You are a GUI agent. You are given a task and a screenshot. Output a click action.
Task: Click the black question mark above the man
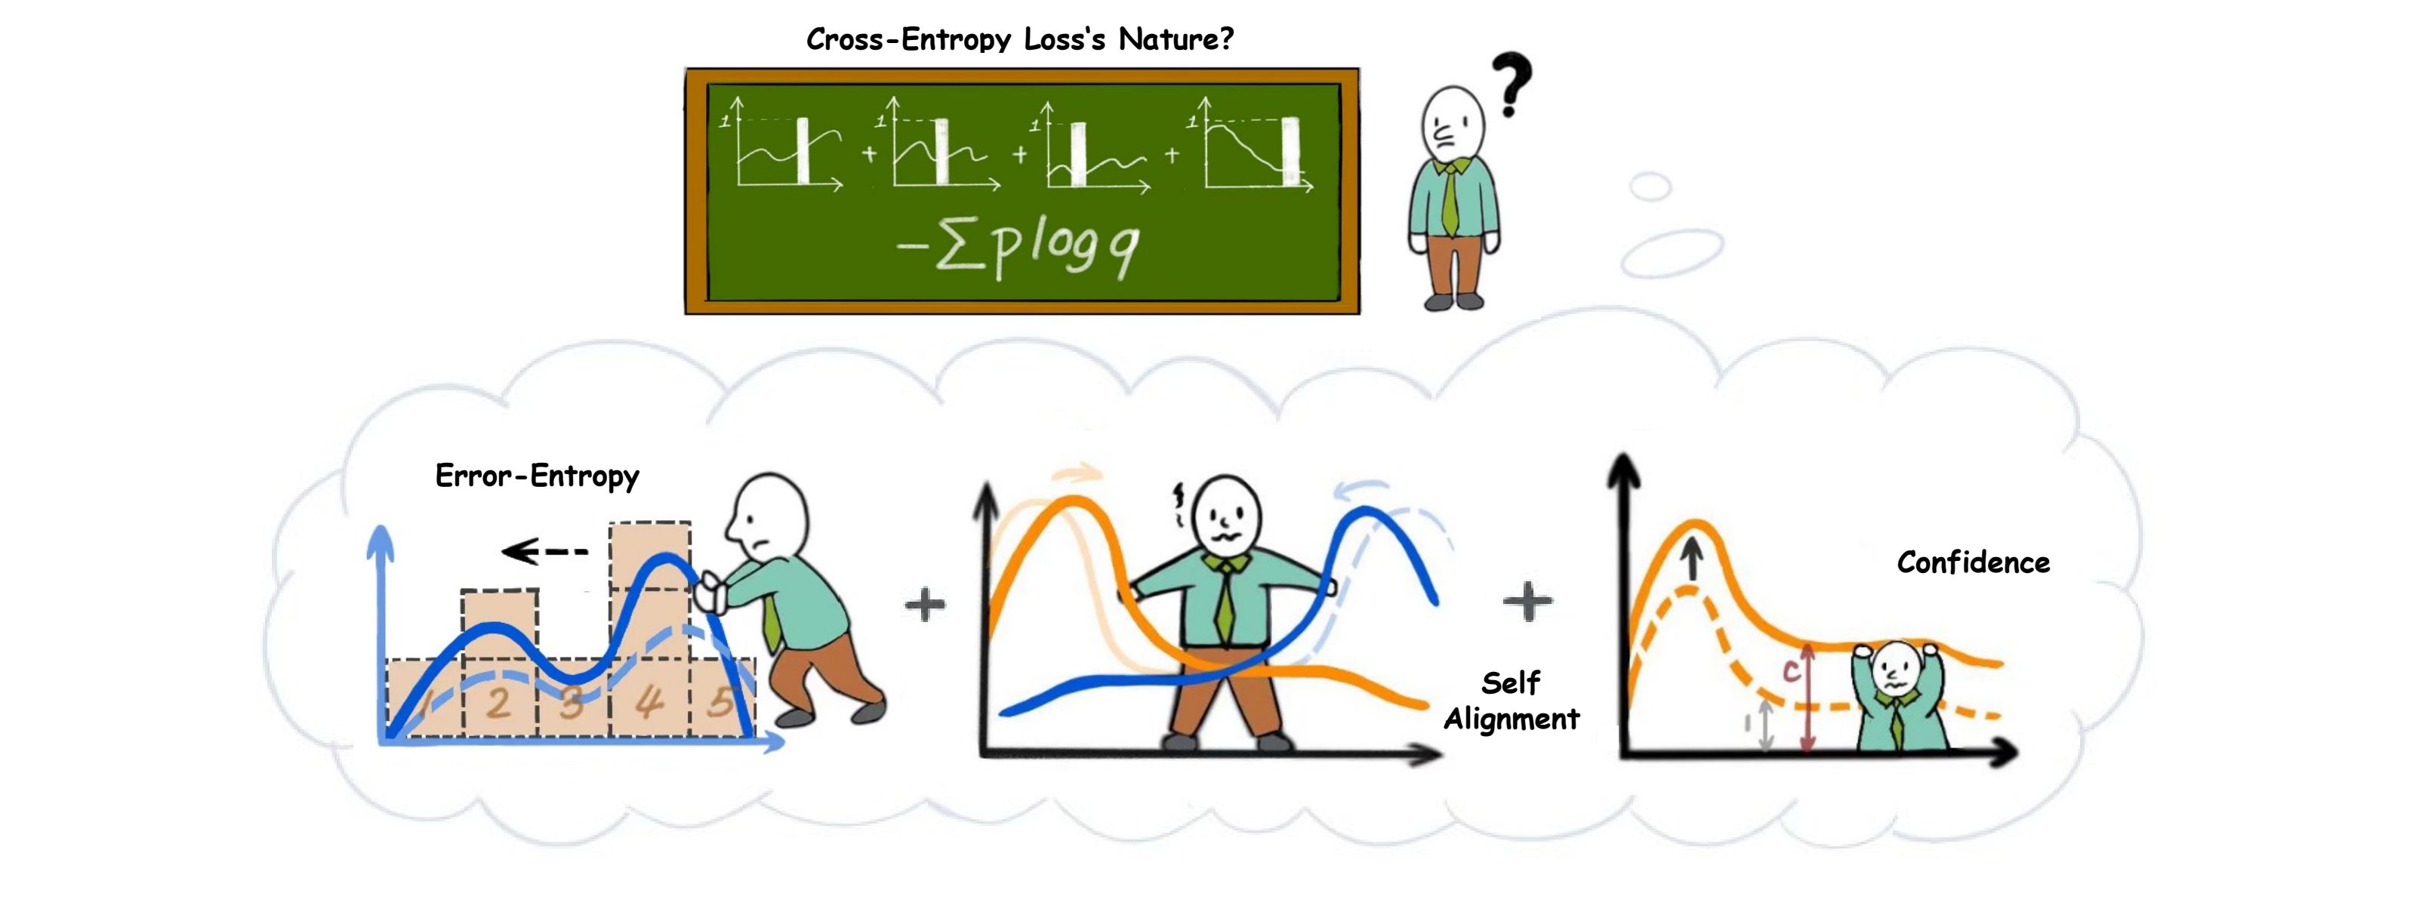pyautogui.click(x=1510, y=82)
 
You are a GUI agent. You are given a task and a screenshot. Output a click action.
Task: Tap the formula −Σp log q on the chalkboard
pyautogui.click(x=1019, y=246)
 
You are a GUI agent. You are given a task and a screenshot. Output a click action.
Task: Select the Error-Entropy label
pyautogui.click(x=537, y=476)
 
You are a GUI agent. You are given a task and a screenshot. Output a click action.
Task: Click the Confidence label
pyautogui.click(x=1973, y=562)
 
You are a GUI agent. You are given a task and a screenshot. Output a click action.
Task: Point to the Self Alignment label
pyautogui.click(x=1511, y=701)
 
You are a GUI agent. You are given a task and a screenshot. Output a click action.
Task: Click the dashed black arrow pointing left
pyautogui.click(x=544, y=551)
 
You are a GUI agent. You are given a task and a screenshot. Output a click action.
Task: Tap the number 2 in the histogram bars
pyautogui.click(x=498, y=703)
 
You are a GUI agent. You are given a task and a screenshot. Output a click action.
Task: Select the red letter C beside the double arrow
pyautogui.click(x=1790, y=670)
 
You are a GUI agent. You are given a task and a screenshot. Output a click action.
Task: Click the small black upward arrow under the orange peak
pyautogui.click(x=1692, y=562)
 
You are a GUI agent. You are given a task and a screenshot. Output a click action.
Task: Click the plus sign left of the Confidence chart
pyautogui.click(x=1527, y=602)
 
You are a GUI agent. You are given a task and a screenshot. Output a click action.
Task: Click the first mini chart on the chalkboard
pyautogui.click(x=782, y=145)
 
